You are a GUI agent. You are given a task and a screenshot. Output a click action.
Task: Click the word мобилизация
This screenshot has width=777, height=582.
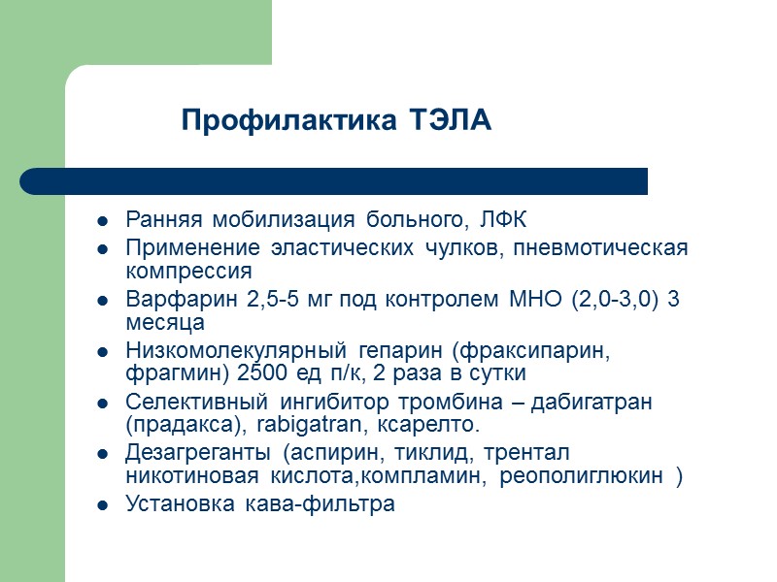point(257,218)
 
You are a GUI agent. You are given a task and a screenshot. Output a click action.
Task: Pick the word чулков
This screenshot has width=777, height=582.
point(460,249)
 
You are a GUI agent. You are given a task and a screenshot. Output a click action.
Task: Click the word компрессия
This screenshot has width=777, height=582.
point(189,271)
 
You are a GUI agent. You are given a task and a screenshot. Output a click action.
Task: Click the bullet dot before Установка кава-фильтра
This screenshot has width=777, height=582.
point(101,505)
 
